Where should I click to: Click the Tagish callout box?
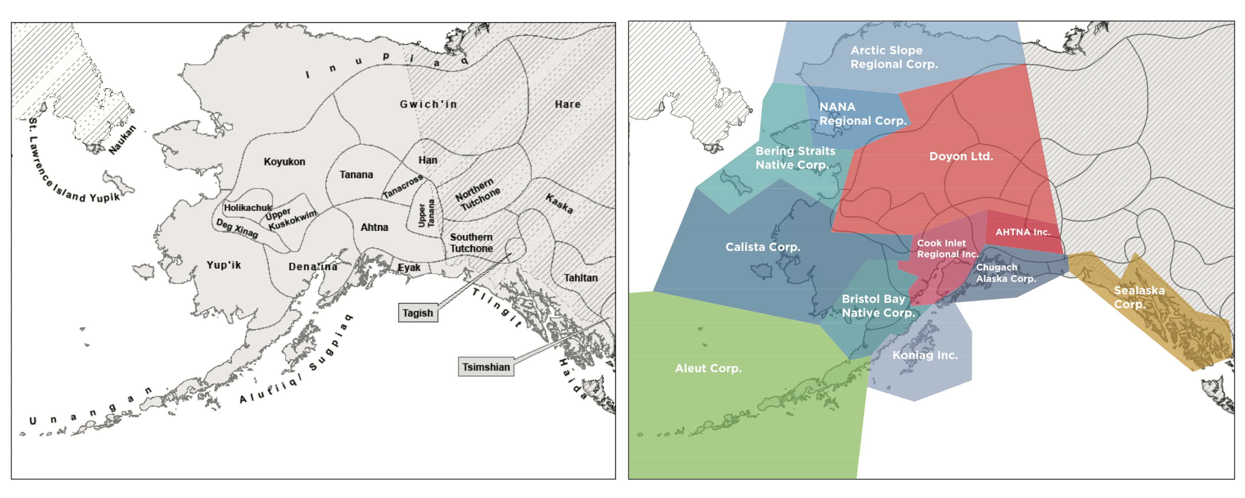point(418,313)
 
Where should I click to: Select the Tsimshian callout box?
point(486,367)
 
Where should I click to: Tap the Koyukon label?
point(284,161)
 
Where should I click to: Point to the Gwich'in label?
point(428,104)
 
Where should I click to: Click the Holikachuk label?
point(248,207)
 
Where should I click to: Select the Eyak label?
point(409,267)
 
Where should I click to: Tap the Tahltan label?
point(581,278)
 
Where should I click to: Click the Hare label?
point(567,104)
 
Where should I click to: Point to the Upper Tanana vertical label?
point(426,214)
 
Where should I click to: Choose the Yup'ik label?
point(223,265)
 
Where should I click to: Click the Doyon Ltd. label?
point(961,156)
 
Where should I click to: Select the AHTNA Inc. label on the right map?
point(1023,232)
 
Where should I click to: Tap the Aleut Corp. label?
point(708,369)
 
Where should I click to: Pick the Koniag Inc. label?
point(925,355)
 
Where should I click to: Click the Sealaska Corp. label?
point(1139,297)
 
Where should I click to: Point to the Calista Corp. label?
point(763,247)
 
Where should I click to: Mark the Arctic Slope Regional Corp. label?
point(894,57)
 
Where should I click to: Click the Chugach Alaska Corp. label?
point(1006,273)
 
